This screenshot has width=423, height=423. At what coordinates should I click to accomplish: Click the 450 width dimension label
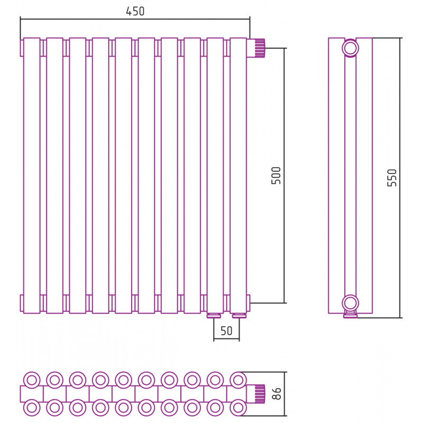135,11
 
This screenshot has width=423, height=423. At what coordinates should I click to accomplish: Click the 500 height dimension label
276,176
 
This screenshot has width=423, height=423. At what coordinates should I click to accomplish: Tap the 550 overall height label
392,178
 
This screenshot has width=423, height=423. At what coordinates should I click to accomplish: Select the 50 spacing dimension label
226,331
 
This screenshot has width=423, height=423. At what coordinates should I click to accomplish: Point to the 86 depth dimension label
277,393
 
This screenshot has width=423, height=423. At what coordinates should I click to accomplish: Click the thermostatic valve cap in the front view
260,48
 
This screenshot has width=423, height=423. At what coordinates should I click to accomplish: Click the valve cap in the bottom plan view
260,394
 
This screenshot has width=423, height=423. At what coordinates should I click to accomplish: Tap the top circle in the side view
350,48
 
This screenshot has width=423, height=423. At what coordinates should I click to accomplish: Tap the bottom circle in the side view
350,303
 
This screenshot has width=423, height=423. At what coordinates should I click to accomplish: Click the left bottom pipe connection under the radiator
214,316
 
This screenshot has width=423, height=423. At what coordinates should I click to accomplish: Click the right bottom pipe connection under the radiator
240,316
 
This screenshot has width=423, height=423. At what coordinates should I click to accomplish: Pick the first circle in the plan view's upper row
32,380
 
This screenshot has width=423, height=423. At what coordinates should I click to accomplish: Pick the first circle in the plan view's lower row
32,408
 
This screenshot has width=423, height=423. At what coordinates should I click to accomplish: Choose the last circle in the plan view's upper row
238,380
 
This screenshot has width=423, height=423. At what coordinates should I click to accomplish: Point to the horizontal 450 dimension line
135,19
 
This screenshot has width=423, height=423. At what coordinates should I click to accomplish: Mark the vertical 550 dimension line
400,178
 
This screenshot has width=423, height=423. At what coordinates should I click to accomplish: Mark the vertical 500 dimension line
284,176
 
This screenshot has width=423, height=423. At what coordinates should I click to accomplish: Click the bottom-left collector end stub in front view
22,303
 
